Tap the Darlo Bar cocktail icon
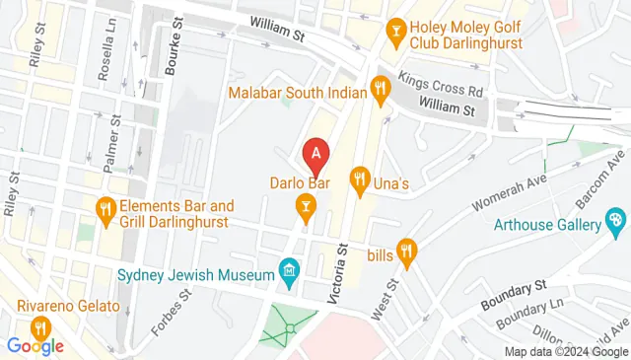[306, 206]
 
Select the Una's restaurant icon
[360, 180]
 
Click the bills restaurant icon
[405, 251]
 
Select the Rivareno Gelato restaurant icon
[39, 326]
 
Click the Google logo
[35, 345]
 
